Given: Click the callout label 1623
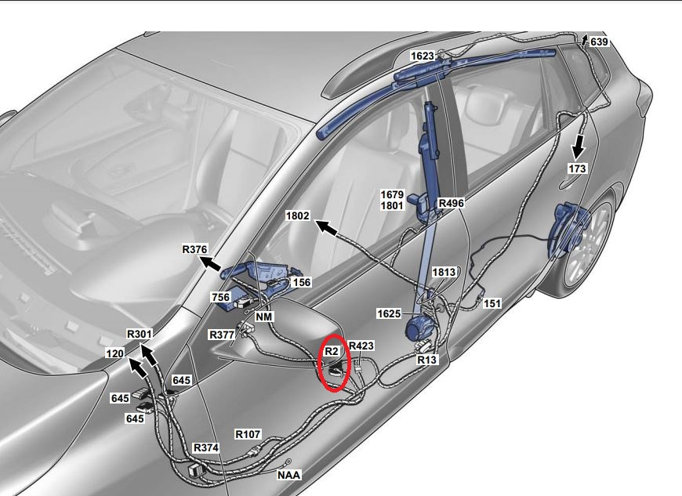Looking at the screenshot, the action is [423, 56].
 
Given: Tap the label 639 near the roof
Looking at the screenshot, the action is [599, 42].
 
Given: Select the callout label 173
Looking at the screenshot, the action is [577, 168].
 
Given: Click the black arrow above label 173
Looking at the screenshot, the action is [578, 147].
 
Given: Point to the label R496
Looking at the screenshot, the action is [451, 203].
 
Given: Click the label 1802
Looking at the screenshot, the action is [298, 215].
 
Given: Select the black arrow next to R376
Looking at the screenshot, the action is [211, 263].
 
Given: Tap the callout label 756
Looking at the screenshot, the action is [220, 297].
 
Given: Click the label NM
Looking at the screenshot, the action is [264, 317].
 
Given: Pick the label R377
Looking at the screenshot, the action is [222, 335].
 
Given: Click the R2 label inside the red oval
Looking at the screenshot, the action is [332, 351].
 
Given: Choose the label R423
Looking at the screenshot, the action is [361, 346].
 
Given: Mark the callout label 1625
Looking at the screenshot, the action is [389, 313].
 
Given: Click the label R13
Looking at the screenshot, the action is [426, 360].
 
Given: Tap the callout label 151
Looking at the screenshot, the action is [492, 303].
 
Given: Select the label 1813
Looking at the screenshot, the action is [444, 272].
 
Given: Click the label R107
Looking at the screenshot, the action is [248, 434].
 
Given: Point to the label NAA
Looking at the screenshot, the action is [288, 475].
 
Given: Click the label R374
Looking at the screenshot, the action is [206, 447].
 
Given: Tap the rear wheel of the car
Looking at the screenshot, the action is [587, 244].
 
